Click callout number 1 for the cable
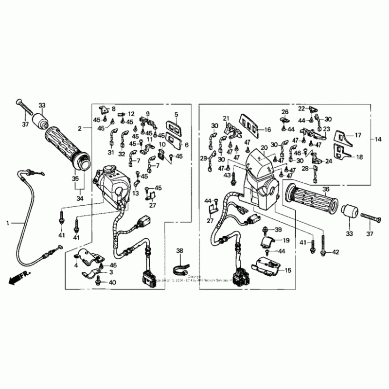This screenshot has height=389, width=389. tap(8, 223)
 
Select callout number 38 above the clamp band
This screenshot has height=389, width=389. tap(180, 251)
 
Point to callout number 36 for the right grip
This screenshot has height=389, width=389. tap(326, 190)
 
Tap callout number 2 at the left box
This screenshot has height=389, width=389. tap(80, 128)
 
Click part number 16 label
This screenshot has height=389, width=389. tap(267, 129)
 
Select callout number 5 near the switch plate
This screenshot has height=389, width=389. tap(176, 115)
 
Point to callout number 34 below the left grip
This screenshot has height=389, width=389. tap(79, 198)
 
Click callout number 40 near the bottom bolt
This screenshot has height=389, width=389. tap(113, 283)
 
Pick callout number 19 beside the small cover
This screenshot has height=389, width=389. tap(286, 240)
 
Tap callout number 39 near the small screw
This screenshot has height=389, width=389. tap(278, 230)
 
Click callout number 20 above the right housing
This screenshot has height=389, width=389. tap(264, 148)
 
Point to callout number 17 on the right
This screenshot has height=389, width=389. tap(358, 136)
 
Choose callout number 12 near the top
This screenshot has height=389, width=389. tap(131, 114)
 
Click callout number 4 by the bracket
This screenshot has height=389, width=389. tap(76, 265)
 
